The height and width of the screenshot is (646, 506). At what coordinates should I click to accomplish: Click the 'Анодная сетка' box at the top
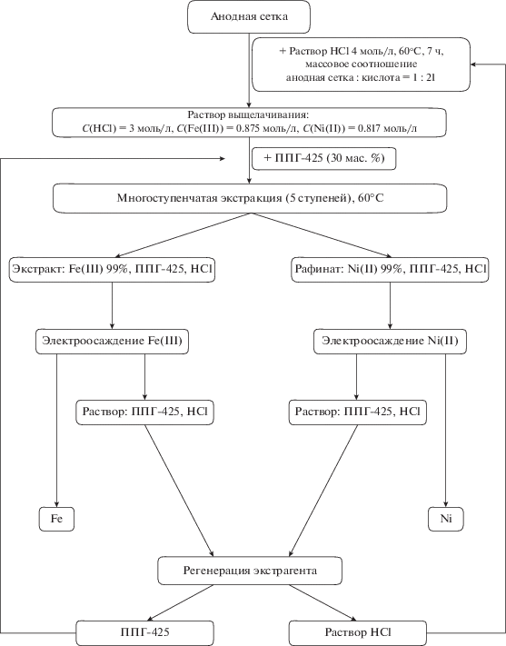tap(249, 16)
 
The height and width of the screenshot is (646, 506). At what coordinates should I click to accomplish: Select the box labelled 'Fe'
tap(57, 519)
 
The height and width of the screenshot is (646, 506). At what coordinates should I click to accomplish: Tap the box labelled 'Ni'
tap(446, 519)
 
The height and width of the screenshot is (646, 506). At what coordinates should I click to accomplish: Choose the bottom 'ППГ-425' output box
tap(145, 632)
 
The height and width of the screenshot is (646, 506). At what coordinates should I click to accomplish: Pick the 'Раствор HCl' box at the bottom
tap(358, 632)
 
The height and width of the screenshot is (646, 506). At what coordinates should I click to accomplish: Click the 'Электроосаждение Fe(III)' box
tap(112, 341)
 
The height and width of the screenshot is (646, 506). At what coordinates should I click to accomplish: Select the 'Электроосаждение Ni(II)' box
tap(391, 341)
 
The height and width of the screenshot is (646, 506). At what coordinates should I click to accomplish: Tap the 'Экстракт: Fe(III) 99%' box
tap(112, 270)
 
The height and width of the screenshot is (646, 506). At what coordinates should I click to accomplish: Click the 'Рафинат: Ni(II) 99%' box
tap(391, 270)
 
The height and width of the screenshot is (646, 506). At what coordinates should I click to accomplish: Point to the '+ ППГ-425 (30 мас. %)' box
tap(324, 158)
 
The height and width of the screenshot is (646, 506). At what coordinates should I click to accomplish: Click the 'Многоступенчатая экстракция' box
tap(250, 198)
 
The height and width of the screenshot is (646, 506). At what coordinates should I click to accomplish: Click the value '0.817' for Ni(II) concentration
tap(370, 128)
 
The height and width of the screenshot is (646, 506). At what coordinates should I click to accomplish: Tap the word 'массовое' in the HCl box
tap(324, 65)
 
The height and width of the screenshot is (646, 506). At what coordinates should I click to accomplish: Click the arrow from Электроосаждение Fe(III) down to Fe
tap(57, 430)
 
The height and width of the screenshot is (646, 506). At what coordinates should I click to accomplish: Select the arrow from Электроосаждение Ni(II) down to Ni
tap(445, 430)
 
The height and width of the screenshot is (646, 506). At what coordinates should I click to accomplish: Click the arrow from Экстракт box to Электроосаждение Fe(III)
tap(112, 305)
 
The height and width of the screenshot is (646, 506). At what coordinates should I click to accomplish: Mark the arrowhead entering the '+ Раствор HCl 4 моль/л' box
tap(473, 65)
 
